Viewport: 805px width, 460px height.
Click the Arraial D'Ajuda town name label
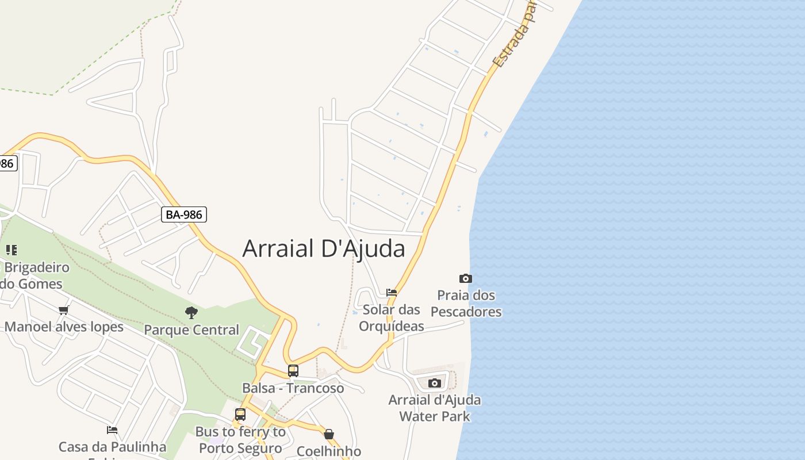324,248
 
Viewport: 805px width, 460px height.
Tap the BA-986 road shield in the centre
184,214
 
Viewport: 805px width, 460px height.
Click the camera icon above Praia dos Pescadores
465,279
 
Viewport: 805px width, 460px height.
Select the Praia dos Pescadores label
466,304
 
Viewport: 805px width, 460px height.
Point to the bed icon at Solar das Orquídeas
392,292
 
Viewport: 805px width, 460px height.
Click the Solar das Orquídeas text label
392,318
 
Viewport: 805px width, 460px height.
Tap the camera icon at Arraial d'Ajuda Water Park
435,383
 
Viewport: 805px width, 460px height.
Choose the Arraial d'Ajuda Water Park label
435,408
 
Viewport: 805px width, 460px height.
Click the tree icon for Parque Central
191,313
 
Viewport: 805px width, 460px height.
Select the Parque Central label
191,330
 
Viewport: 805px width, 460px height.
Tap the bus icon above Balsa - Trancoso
293,371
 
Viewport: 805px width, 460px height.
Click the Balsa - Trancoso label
293,388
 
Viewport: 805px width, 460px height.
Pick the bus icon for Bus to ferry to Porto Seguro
240,414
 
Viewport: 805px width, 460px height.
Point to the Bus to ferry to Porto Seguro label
240,440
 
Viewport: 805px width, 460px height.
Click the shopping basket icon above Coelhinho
329,434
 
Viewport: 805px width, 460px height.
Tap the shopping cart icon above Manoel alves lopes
64,310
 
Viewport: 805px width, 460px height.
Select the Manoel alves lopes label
64,327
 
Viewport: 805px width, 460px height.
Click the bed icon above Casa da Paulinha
112,430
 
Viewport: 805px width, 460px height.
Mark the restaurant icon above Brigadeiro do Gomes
11,250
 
